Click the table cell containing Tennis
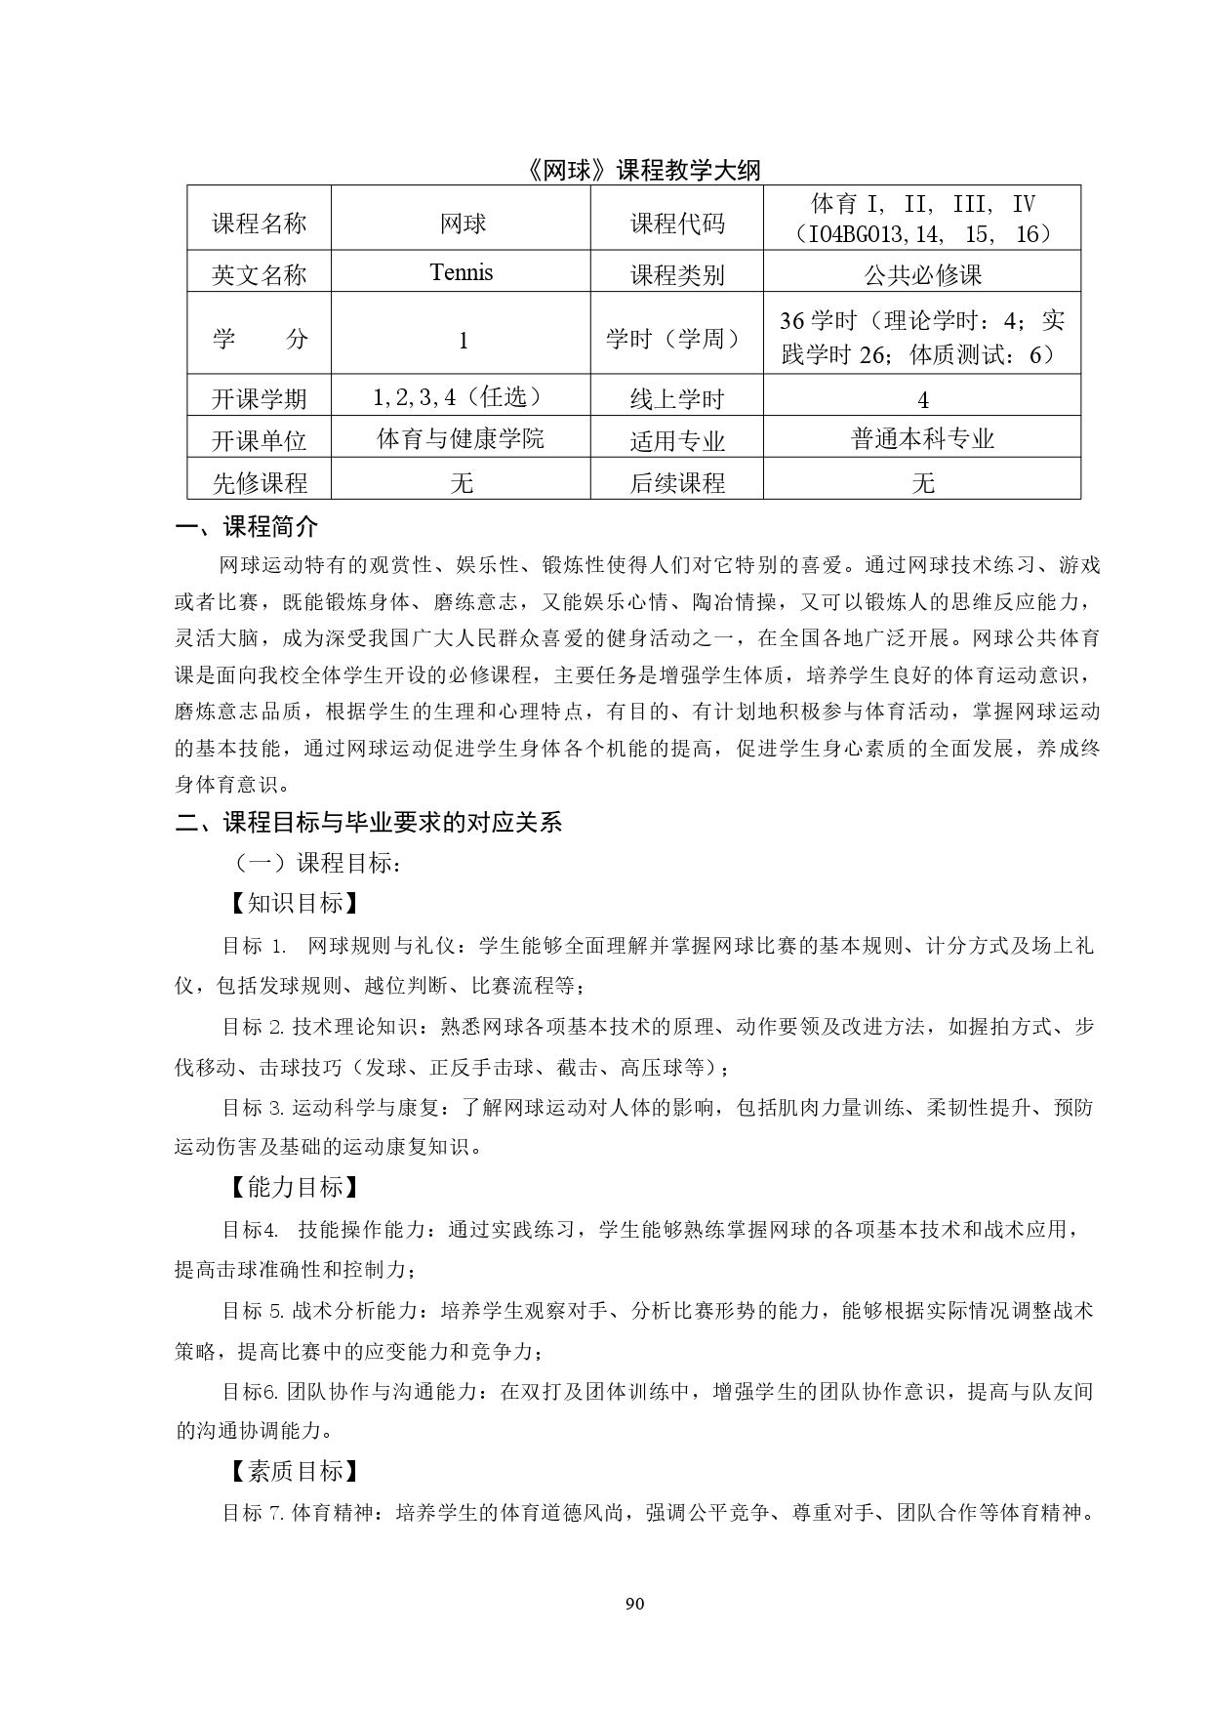(461, 272)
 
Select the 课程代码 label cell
(677, 224)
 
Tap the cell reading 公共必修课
(922, 275)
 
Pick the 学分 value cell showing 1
(463, 340)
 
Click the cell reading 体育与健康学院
(461, 439)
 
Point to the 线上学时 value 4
(923, 399)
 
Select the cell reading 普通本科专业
(922, 439)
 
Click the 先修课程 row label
(260, 482)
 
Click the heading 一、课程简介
(247, 528)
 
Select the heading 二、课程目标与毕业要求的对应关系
(369, 822)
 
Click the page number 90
(634, 1604)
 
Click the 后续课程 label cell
(677, 482)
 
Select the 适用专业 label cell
(677, 441)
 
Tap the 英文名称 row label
(260, 275)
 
